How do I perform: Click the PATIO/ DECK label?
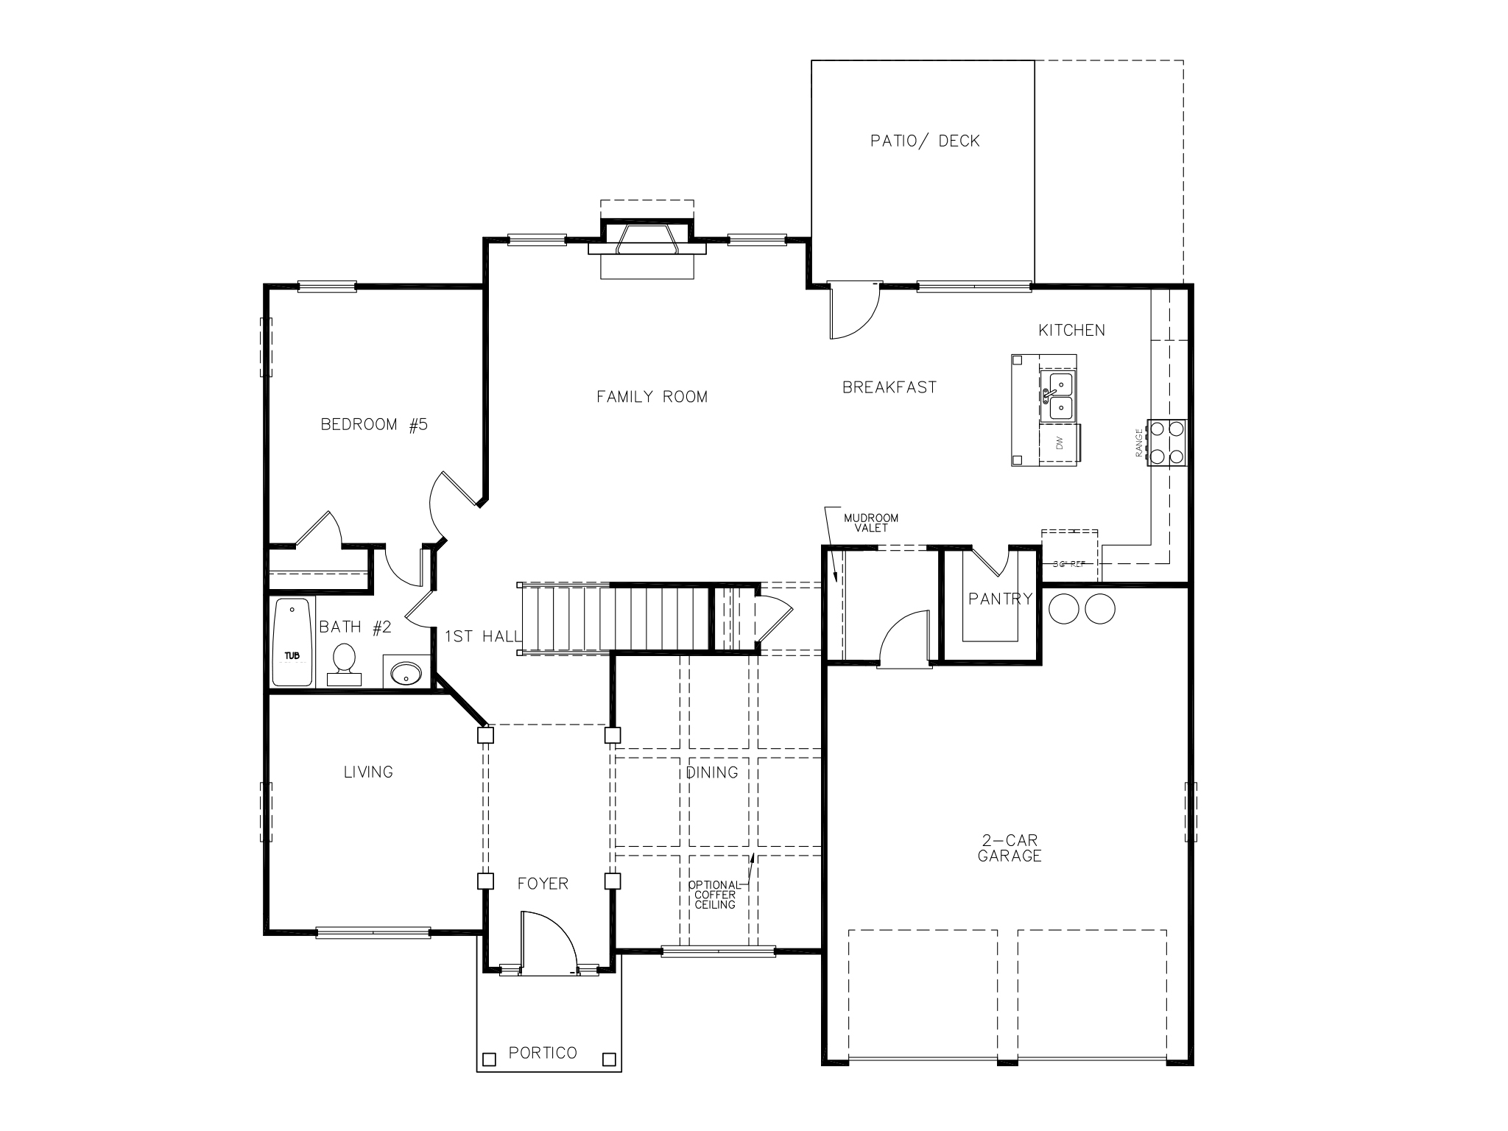coord(925,141)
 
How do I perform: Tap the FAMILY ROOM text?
coord(652,397)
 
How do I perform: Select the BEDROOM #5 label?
coord(374,425)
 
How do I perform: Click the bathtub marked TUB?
coord(292,642)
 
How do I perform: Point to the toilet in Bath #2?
coord(344,660)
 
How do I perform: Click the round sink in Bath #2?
coord(406,672)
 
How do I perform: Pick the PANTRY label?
coord(1001,599)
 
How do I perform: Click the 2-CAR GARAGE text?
coord(1010,848)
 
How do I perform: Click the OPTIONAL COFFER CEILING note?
coord(714,895)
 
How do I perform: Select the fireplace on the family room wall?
coord(647,239)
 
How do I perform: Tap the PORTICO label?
coord(543,1053)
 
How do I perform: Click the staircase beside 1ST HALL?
coord(611,619)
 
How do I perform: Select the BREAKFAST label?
coord(889,387)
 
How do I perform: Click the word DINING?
coord(712,772)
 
